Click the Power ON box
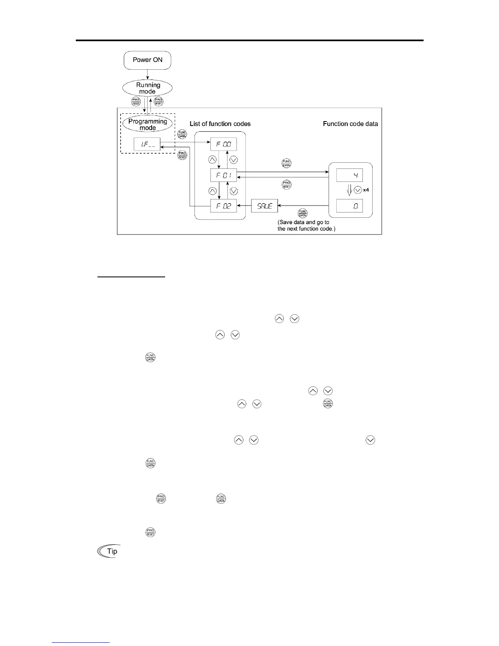click(x=147, y=60)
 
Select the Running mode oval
click(x=148, y=88)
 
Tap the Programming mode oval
click(x=148, y=124)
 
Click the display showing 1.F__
click(x=147, y=144)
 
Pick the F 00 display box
click(x=223, y=144)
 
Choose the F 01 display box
click(x=223, y=175)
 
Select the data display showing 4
click(x=349, y=175)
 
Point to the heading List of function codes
click(x=220, y=124)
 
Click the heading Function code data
click(x=350, y=124)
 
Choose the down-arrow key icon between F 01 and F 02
click(x=234, y=190)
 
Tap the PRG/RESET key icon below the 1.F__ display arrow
click(x=182, y=155)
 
